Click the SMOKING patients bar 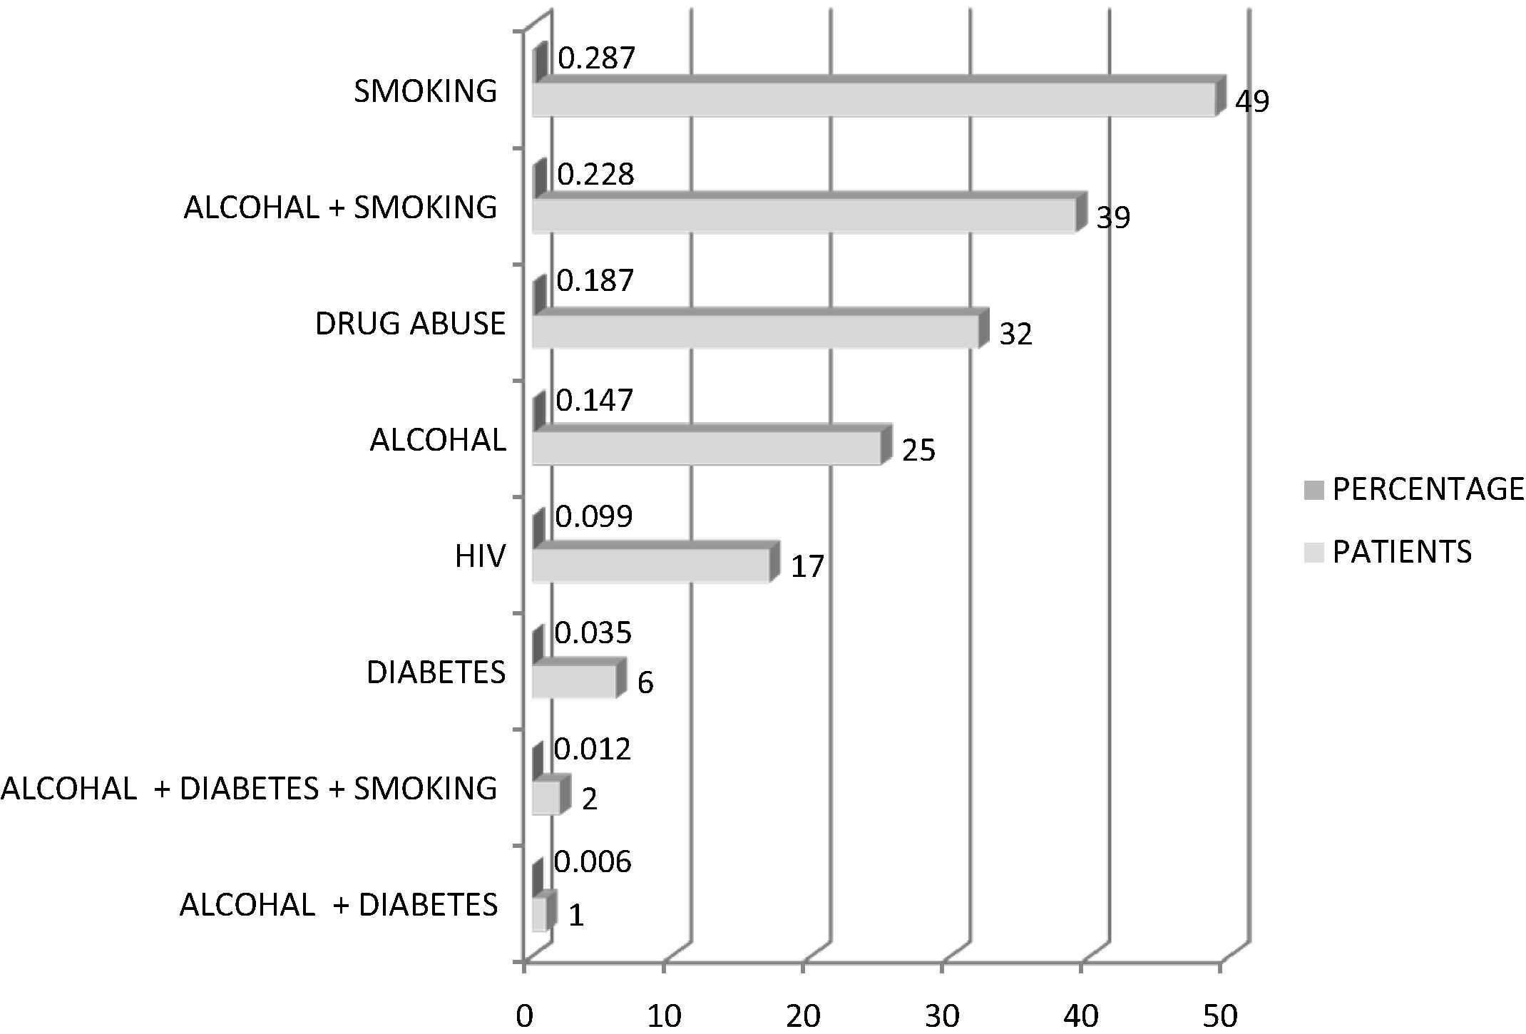pos(874,99)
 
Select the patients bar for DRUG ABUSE pos(756,332)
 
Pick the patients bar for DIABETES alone pos(574,681)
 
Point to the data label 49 pos(1252,102)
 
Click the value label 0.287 pos(595,58)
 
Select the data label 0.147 pos(594,401)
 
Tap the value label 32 pos(1015,334)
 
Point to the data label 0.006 pos(593,863)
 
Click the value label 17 pos(807,567)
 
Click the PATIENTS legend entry pos(1402,552)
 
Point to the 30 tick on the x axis pos(942,1016)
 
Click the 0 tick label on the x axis pos(525,1016)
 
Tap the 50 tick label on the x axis pos(1220,1016)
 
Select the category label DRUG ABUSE pos(410,324)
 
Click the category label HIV pos(480,557)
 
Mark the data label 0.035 pos(593,633)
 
